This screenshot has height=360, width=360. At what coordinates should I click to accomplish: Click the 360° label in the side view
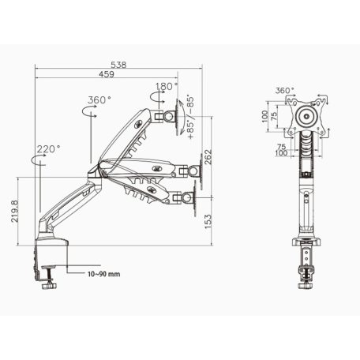(99, 101)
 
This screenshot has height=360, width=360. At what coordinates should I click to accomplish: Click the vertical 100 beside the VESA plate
(266, 116)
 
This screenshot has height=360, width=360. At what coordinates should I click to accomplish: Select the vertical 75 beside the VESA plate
(276, 116)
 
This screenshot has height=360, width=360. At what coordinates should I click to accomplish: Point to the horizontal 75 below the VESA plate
(283, 147)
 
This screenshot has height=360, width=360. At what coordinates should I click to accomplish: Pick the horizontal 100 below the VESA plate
(283, 155)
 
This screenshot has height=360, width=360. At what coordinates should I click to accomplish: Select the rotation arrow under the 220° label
(38, 160)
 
